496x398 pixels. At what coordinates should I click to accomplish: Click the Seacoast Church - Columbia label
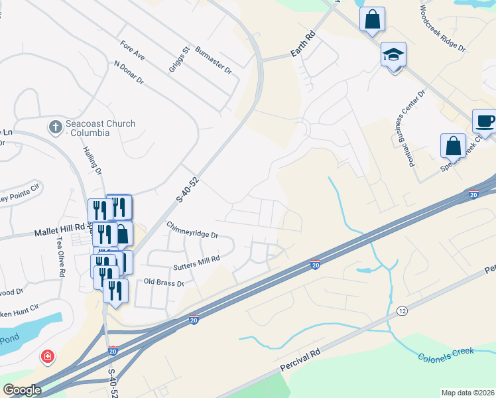[x=100, y=128]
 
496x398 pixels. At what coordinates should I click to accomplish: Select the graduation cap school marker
[x=393, y=55]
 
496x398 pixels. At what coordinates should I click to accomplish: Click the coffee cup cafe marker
[x=485, y=121]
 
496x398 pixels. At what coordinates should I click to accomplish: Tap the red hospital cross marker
[x=48, y=357]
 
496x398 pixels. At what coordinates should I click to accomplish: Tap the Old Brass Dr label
[x=163, y=282]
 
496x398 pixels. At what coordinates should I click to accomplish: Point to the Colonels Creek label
[x=446, y=355]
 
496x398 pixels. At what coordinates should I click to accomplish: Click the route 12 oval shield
[x=402, y=310]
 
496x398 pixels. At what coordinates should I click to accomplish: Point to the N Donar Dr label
[x=129, y=73]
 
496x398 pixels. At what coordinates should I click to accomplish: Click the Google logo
[x=22, y=390]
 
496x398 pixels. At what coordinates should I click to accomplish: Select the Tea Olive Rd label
[x=60, y=254]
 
